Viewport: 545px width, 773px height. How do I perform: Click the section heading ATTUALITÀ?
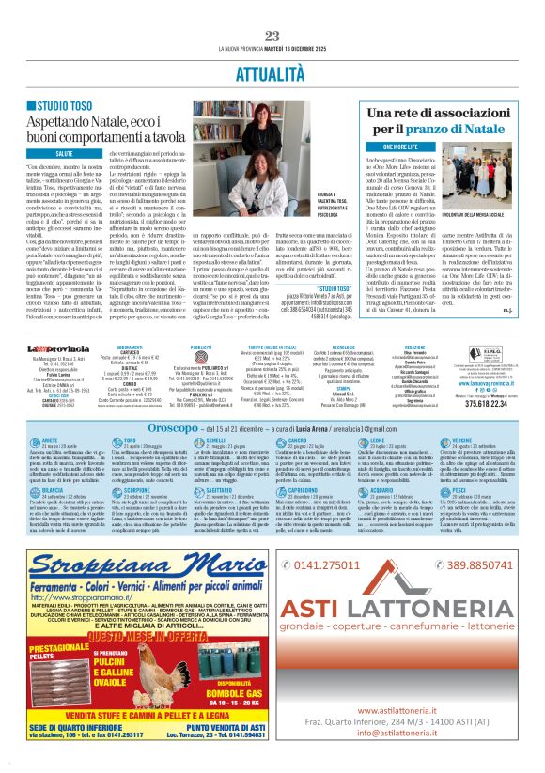point(272,71)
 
